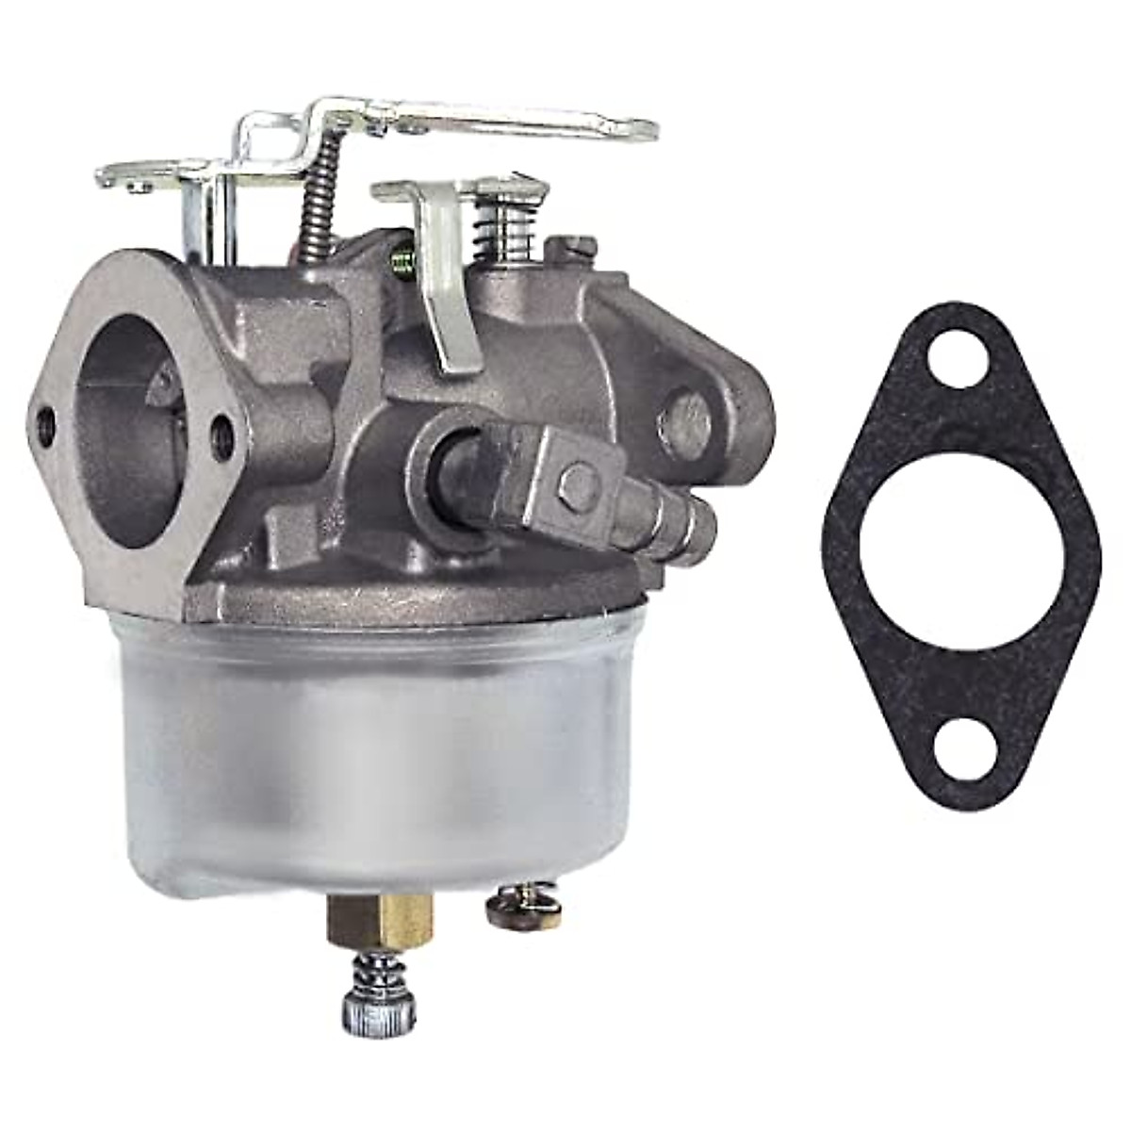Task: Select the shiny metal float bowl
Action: coord(377,745)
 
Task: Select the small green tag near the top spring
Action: coord(402,255)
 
